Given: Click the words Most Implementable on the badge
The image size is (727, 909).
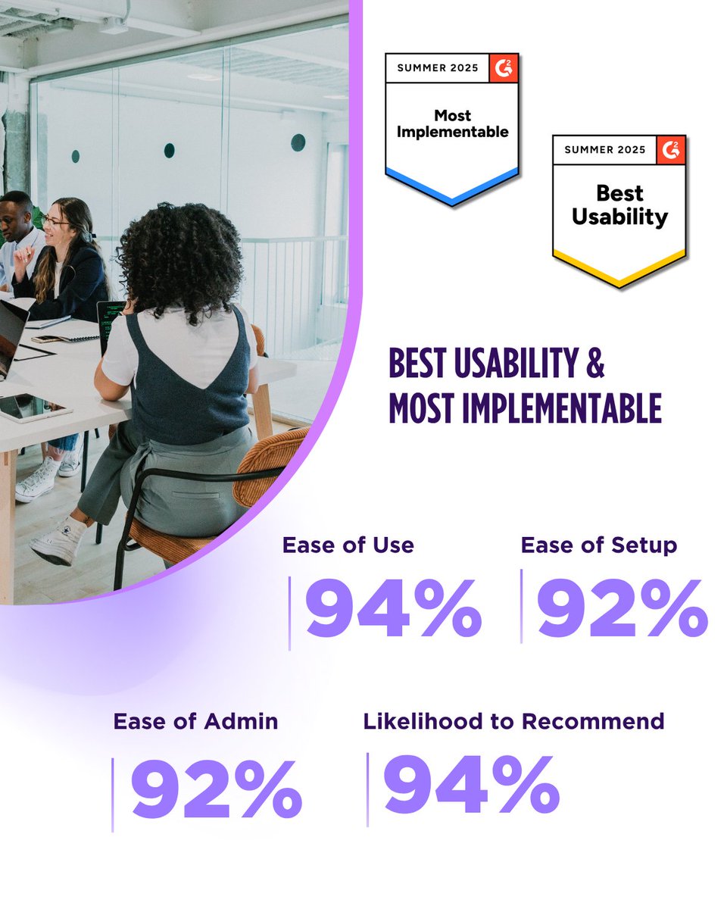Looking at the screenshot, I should pos(452,124).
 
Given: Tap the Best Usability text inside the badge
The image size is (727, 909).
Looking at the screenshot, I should pos(619,205).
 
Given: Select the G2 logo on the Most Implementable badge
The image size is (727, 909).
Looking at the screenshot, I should pos(504,67).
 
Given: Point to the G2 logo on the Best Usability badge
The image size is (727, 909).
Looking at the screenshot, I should pos(671,149).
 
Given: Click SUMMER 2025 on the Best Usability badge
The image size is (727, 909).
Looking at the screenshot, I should pos(604,149).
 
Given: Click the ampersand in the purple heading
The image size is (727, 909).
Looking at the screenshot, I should pos(595,364).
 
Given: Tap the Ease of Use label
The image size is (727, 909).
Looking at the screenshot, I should pos(348,545).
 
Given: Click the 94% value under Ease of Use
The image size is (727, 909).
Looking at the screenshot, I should pos(393,609).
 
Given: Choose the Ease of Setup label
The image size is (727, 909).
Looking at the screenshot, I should pos(598,545).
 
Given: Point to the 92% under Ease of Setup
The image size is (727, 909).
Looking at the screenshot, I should pos(622,609).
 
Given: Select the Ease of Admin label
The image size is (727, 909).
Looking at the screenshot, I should pos(195,721).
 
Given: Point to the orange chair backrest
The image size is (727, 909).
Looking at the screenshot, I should pos(272,466).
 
